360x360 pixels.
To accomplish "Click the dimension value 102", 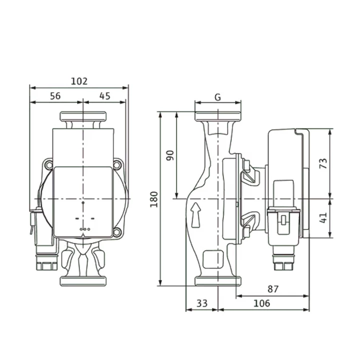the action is (79, 81).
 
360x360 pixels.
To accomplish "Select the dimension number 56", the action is (55, 96).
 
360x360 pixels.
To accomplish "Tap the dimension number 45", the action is (105, 96).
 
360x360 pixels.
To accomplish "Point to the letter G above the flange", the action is (217, 97).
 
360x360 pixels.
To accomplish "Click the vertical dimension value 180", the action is (154, 199).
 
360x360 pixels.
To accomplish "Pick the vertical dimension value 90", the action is (170, 155).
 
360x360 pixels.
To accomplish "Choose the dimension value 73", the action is (323, 163).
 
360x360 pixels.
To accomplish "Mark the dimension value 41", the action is (323, 217).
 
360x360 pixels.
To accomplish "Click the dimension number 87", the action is (273, 289).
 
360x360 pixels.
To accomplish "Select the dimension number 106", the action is (261, 303).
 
